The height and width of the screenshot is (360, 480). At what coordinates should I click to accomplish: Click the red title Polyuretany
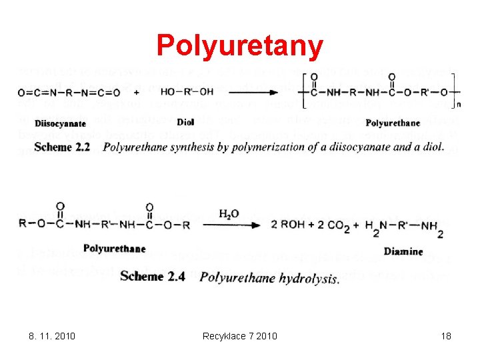(x=239, y=45)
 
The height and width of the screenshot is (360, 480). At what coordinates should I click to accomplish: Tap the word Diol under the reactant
(x=185, y=122)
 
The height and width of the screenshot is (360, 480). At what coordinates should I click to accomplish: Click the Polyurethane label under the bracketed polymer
(x=393, y=122)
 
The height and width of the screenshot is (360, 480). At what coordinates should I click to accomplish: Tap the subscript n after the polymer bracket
(x=459, y=104)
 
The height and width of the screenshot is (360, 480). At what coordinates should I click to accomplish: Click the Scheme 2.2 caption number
(x=62, y=146)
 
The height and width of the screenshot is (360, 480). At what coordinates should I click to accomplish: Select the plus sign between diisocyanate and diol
(x=136, y=92)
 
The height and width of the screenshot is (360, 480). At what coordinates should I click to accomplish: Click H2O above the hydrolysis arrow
(x=229, y=214)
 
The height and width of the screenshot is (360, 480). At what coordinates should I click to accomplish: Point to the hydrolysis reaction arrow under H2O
(x=231, y=225)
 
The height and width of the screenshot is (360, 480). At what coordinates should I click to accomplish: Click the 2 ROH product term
(x=287, y=225)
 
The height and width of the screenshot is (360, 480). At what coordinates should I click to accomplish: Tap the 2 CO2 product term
(x=333, y=226)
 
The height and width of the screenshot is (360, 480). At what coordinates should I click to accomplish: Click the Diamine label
(x=403, y=251)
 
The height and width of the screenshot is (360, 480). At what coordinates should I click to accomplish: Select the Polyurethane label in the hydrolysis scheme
(x=114, y=249)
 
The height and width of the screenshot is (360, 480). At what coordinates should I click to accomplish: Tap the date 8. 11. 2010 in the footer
(x=53, y=335)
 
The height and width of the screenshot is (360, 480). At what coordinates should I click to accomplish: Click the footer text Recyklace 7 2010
(x=239, y=335)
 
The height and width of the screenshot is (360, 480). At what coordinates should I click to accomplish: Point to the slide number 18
(x=445, y=335)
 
